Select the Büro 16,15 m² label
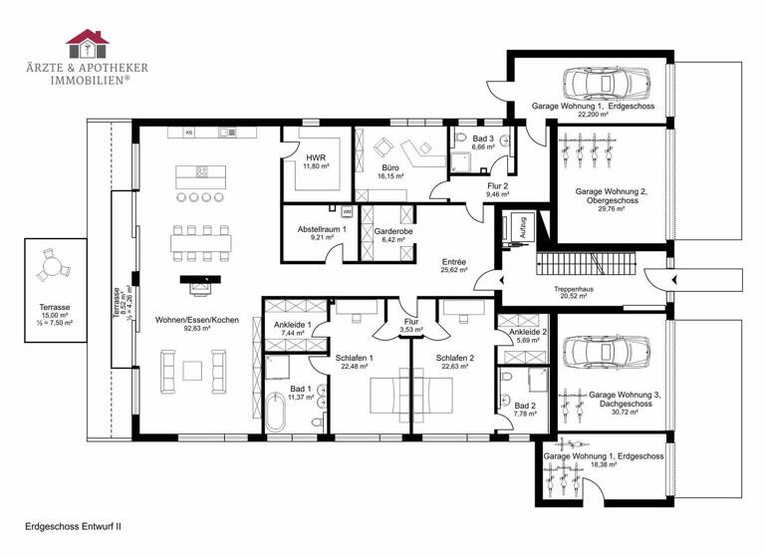(x=391, y=173)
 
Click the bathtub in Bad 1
(x=278, y=415)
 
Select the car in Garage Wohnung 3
(x=594, y=351)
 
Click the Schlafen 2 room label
(x=454, y=363)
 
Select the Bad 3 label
(x=483, y=141)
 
